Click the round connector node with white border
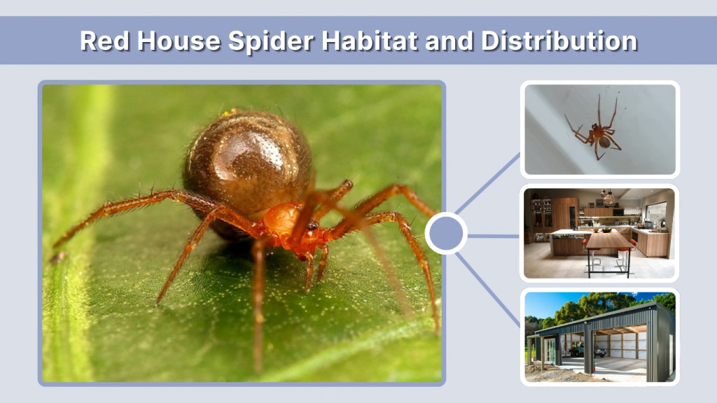pyautogui.click(x=446, y=234)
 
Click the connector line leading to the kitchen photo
pyautogui.click(x=494, y=236)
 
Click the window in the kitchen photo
pyautogui.click(x=655, y=213)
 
